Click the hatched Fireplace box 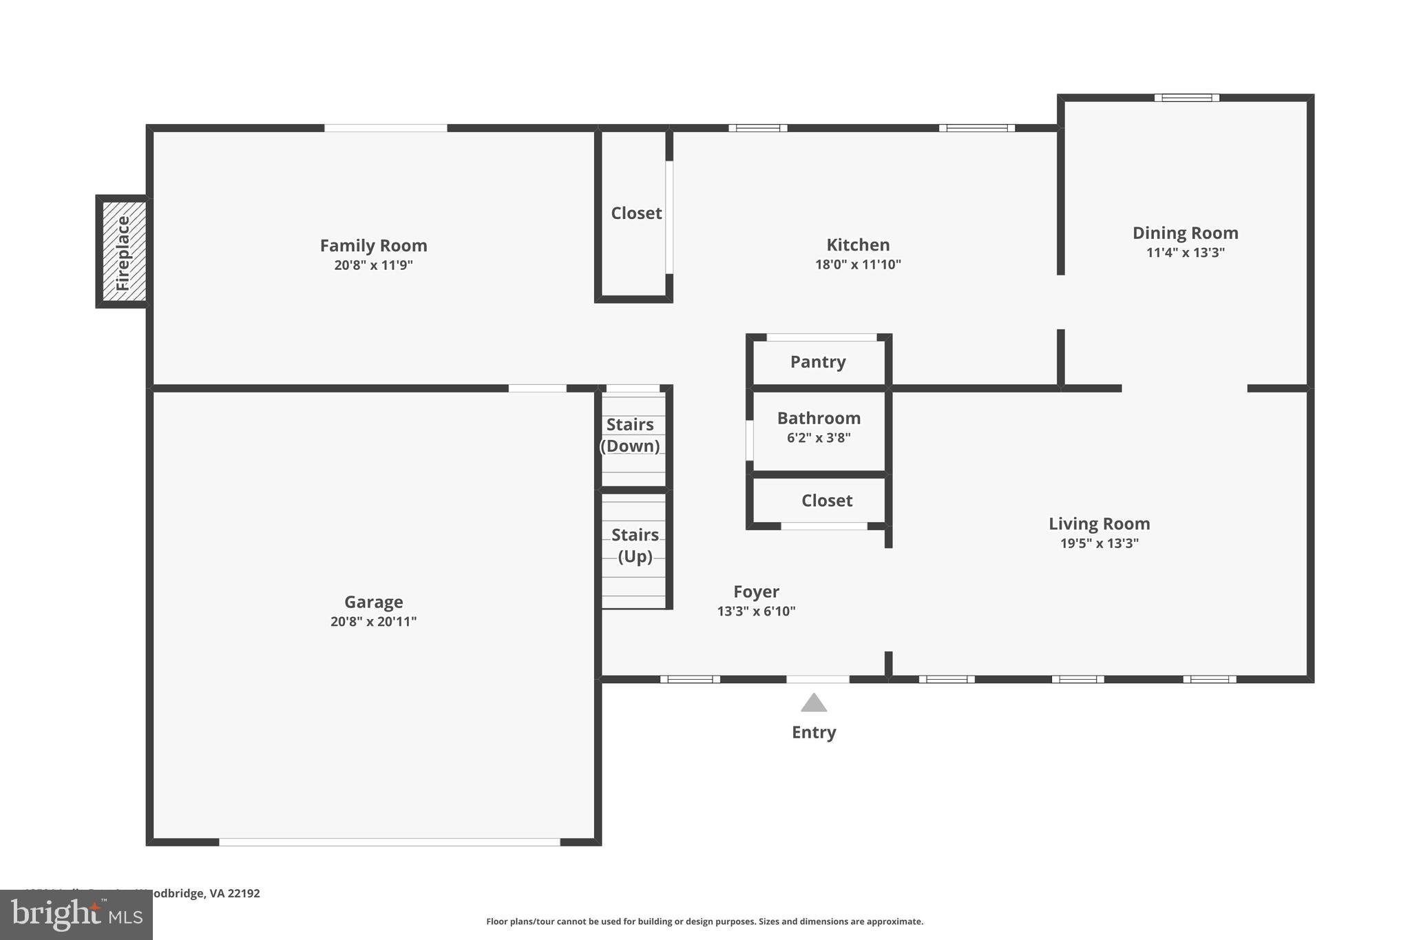pos(124,251)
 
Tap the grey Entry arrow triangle pos(813,704)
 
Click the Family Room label pos(373,246)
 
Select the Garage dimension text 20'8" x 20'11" pos(373,622)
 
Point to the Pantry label pos(818,362)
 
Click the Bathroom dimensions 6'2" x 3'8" pos(819,438)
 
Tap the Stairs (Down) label pos(630,435)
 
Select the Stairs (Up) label pos(635,545)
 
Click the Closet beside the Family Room pos(636,213)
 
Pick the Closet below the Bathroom pos(826,501)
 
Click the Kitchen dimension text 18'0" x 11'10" pos(858,264)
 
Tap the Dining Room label pos(1185,233)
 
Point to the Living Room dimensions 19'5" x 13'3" pos(1099,543)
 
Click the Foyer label pos(756,592)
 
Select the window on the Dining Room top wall pos(1186,98)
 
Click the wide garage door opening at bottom pos(390,842)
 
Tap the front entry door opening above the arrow pos(818,679)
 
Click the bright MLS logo pos(76,915)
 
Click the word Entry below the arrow pos(813,733)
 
